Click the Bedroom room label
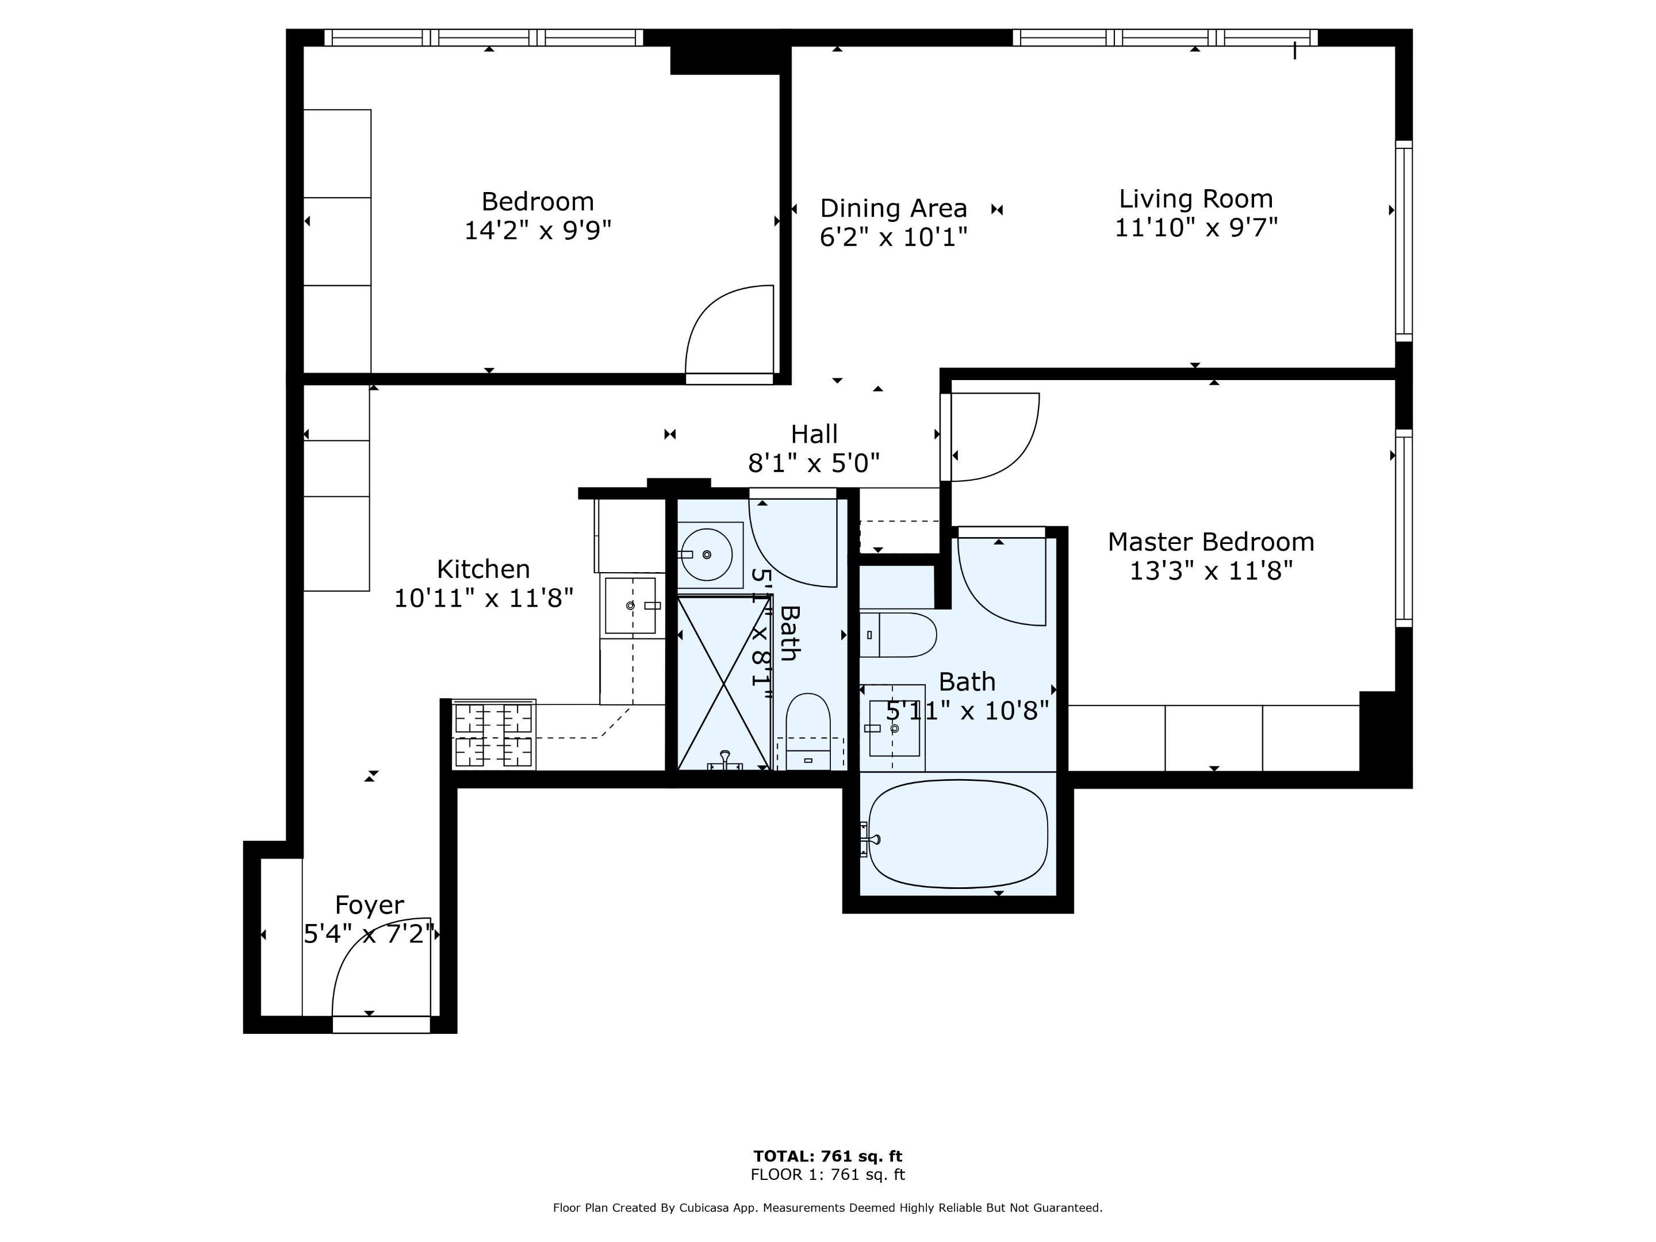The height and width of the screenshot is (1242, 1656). click(537, 201)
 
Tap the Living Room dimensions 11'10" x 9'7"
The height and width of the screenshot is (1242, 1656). click(1195, 228)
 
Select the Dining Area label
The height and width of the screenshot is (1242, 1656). click(893, 208)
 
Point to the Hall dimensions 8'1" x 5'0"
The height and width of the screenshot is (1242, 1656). click(814, 463)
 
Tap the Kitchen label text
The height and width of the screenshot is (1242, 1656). click(483, 569)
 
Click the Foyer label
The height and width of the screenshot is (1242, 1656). click(369, 905)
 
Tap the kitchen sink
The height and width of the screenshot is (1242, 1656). click(630, 605)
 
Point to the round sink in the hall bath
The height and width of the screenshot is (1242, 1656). click(707, 555)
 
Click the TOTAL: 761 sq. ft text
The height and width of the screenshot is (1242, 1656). click(827, 1156)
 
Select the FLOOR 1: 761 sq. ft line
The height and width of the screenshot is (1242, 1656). click(827, 1175)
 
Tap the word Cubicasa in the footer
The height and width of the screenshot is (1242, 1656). click(705, 1207)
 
